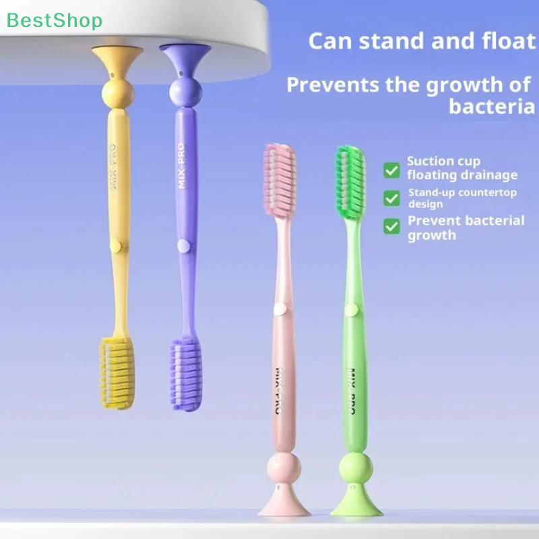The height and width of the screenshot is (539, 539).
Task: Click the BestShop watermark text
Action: (55, 20)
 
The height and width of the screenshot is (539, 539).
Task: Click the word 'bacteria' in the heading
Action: (492, 106)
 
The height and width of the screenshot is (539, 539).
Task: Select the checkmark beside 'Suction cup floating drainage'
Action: (391, 169)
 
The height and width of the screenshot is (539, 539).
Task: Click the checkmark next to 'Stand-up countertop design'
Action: (391, 198)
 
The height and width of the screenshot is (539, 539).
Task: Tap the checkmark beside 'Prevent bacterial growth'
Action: (391, 226)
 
